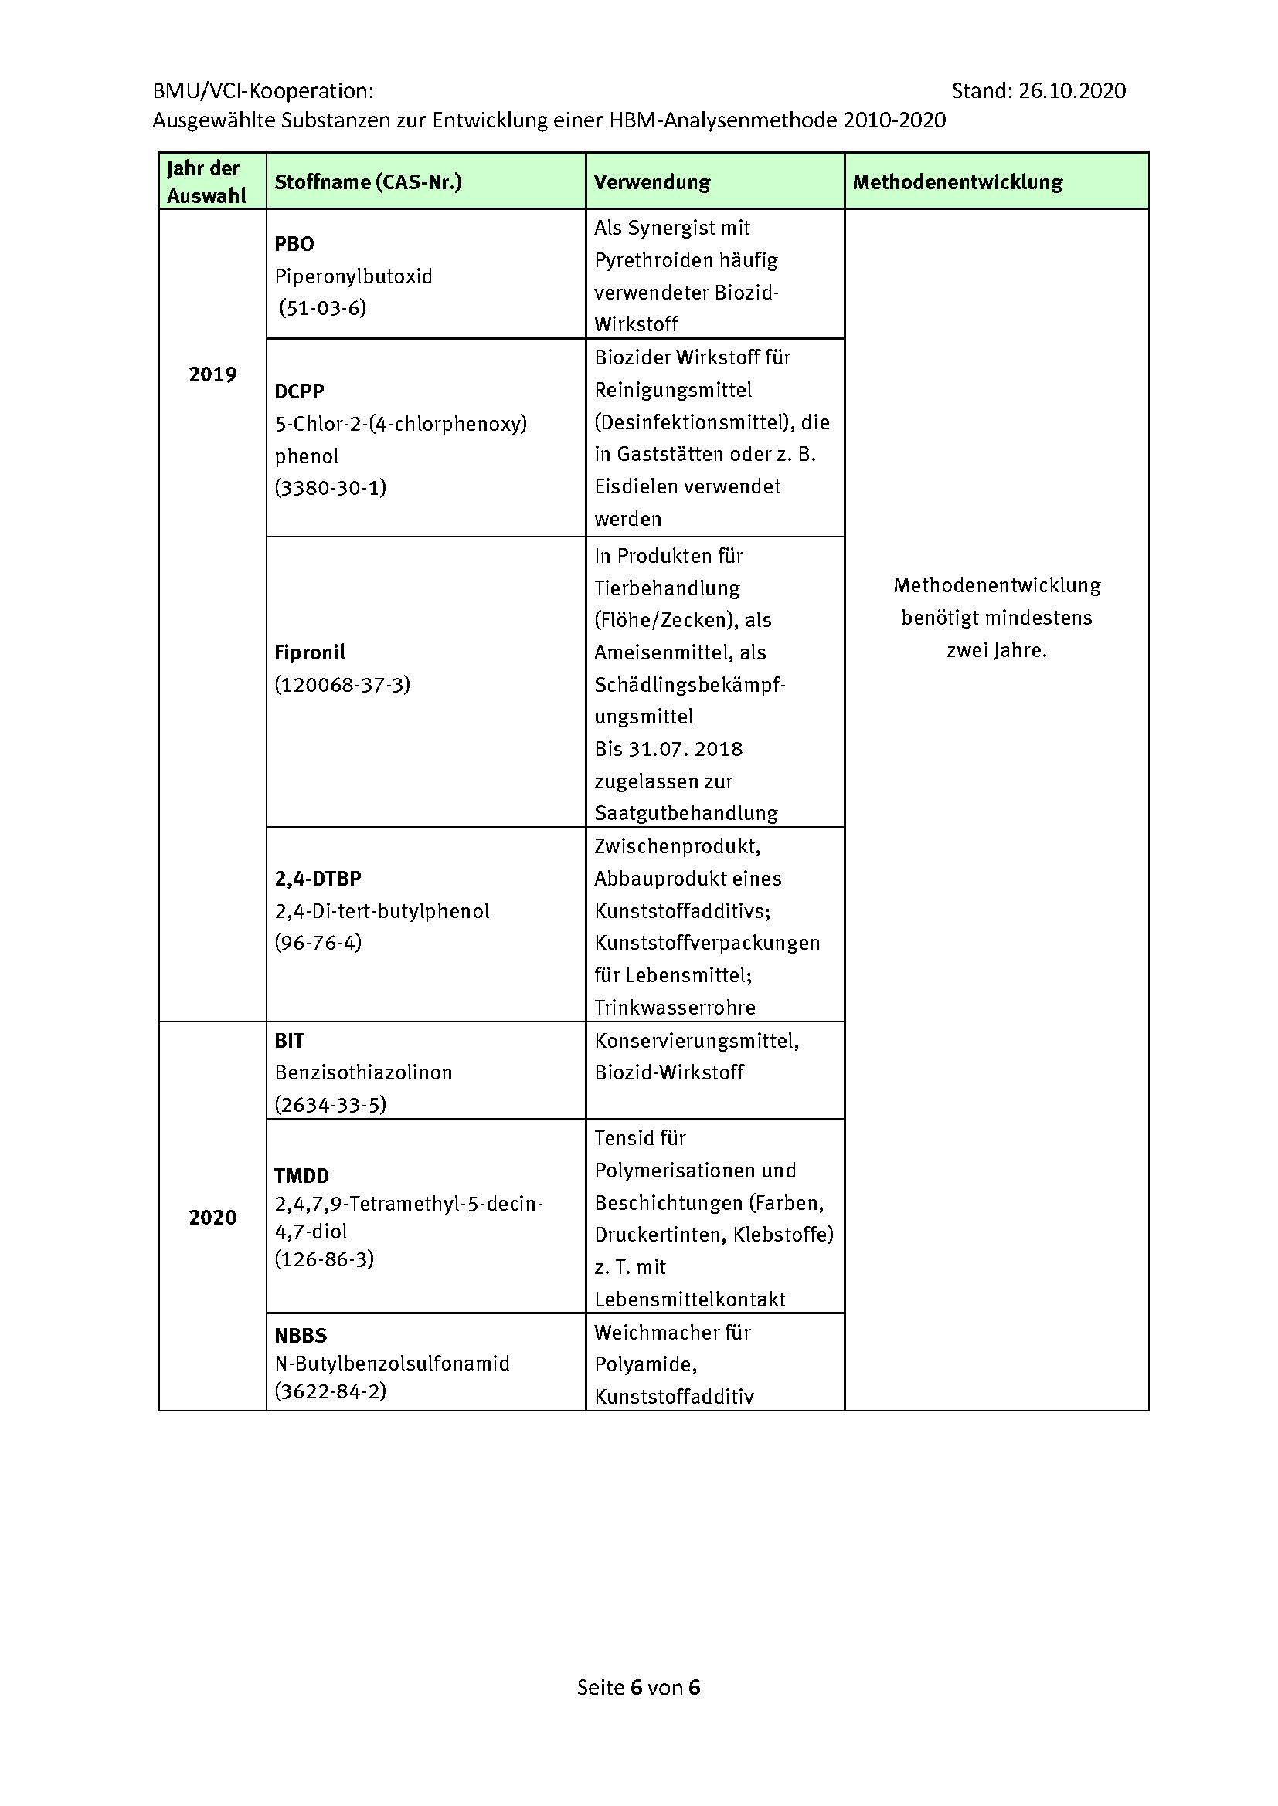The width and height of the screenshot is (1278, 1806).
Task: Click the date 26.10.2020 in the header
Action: tap(1072, 91)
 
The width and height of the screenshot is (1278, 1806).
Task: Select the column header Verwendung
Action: tap(651, 182)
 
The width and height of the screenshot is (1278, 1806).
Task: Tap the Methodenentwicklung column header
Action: tap(957, 182)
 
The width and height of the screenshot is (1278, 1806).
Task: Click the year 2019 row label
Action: tap(212, 374)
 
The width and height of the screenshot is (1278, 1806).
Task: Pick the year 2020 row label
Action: tap(212, 1218)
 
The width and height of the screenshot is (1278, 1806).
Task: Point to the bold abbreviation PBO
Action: tap(294, 244)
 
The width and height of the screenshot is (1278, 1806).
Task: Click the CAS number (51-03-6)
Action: tap(324, 307)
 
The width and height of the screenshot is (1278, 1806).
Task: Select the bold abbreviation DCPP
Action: tap(299, 391)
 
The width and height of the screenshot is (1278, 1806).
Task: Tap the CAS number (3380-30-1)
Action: tap(331, 488)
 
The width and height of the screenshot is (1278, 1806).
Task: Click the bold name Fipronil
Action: tap(310, 652)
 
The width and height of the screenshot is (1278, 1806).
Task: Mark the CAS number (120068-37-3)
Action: tap(342, 684)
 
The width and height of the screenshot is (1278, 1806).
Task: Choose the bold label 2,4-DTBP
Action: tap(318, 879)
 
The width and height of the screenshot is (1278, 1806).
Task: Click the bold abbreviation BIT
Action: tap(289, 1041)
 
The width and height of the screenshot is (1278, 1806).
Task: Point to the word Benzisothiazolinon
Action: tap(364, 1073)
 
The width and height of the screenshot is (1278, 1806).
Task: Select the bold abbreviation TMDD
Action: tap(301, 1176)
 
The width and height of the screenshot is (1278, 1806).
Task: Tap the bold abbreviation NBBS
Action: tap(301, 1336)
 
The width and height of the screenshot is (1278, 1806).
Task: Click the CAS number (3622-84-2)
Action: tap(331, 1391)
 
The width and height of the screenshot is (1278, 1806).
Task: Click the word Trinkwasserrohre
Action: tap(675, 1008)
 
